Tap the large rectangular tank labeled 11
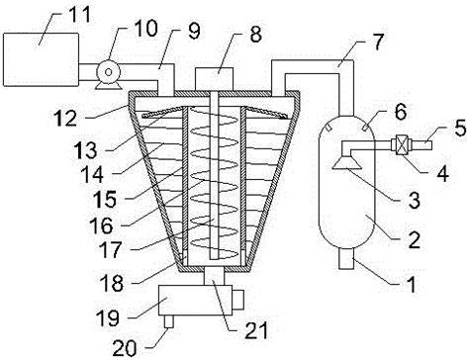(41, 59)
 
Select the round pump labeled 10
(108, 71)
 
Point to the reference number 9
(194, 32)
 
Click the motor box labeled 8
(214, 79)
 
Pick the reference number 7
(377, 42)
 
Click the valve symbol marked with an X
(400, 145)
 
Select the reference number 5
(460, 128)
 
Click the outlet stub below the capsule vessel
(346, 259)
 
